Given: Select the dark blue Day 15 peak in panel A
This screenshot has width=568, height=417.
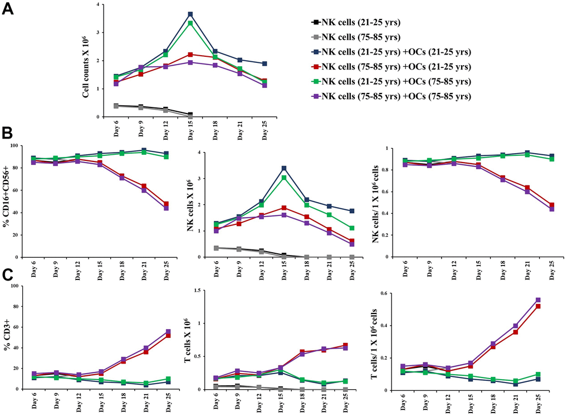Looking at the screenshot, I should tap(190, 14).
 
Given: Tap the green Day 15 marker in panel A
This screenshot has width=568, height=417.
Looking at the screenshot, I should tap(190, 23).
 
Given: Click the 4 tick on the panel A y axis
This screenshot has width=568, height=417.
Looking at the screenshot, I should tap(98, 4).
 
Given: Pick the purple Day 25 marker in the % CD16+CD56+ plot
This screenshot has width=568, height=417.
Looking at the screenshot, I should tap(165, 208).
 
